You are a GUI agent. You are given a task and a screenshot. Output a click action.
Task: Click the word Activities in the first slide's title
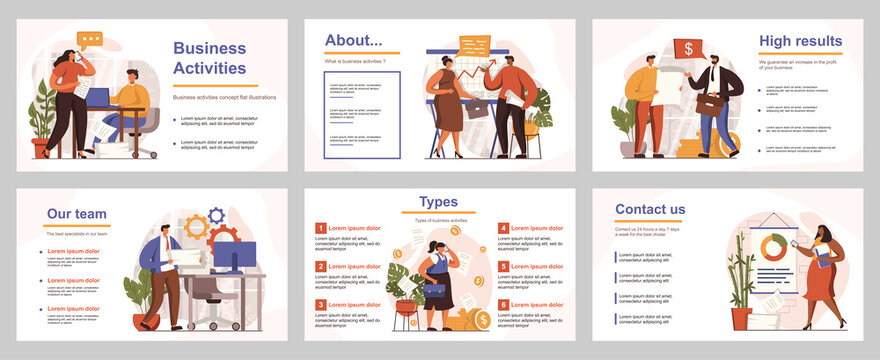[209, 68]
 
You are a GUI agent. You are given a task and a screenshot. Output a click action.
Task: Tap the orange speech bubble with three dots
[90, 40]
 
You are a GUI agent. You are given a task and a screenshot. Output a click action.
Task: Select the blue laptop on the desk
[98, 98]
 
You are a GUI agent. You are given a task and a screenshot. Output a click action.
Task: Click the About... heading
[353, 41]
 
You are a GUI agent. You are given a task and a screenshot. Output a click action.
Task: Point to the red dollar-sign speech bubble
[688, 48]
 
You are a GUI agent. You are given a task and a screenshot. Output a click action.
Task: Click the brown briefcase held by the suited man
[710, 103]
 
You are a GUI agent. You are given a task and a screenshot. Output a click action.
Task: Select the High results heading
[800, 41]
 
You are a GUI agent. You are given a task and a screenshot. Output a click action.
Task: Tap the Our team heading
[77, 214]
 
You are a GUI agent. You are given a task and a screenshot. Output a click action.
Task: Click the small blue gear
[216, 215]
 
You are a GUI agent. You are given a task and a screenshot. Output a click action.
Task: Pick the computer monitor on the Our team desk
[234, 257]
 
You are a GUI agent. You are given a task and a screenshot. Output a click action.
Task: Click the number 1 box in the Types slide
[320, 228]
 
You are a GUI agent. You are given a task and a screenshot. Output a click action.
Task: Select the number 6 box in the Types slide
[503, 304]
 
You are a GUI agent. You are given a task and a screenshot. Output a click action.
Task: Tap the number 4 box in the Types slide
[503, 228]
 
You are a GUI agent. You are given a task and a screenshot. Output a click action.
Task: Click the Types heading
[439, 202]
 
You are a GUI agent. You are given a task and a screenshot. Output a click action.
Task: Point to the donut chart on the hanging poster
[773, 246]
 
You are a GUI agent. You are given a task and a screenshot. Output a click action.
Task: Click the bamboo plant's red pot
[741, 318]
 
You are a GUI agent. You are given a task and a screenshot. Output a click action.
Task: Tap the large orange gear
[197, 228]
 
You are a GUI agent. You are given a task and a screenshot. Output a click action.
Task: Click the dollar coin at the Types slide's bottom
[484, 320]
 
